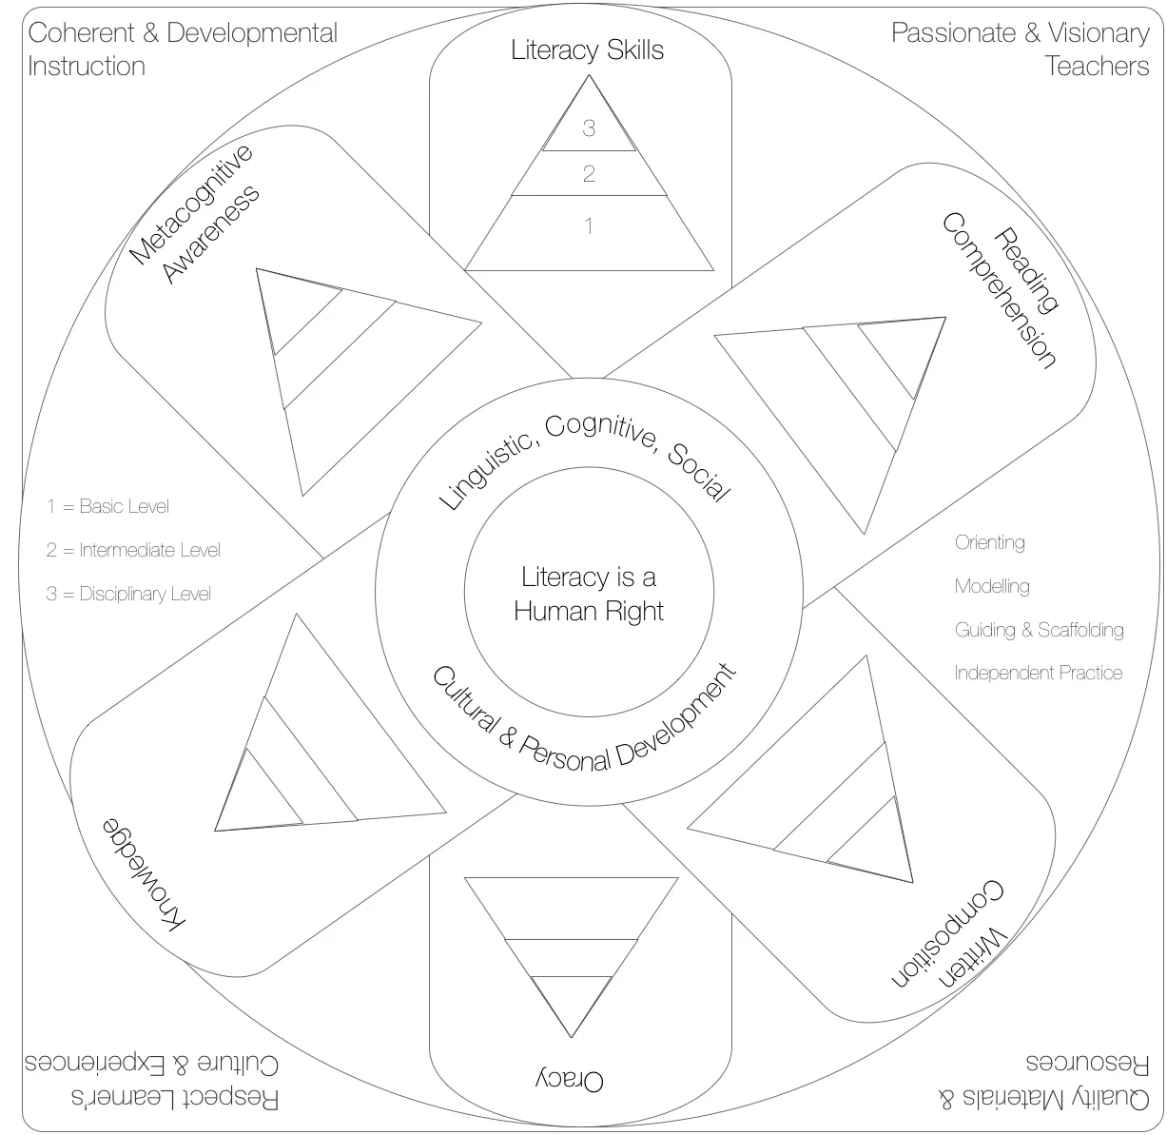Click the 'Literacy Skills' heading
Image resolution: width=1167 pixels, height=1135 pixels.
[587, 50]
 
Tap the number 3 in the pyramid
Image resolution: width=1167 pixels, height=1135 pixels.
[589, 128]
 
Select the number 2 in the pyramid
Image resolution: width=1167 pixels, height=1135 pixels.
[589, 174]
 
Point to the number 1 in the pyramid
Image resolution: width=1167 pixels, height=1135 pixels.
[589, 226]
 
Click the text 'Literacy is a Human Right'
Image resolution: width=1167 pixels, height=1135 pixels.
[589, 594]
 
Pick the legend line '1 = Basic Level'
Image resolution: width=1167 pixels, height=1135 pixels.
[107, 506]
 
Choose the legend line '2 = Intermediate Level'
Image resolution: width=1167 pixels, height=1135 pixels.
[133, 550]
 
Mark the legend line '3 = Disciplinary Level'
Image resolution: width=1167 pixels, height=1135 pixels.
[128, 594]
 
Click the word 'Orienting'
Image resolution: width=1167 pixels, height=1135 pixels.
[989, 543]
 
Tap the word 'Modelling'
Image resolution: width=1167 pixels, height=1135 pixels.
[992, 586]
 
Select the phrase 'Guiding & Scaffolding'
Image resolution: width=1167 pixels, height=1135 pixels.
[1039, 630]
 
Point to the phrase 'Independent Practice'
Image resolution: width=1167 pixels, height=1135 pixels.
[1038, 673]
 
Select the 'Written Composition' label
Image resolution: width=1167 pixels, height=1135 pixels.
[948, 933]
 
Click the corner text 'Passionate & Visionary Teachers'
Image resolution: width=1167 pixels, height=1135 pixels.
[1021, 49]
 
